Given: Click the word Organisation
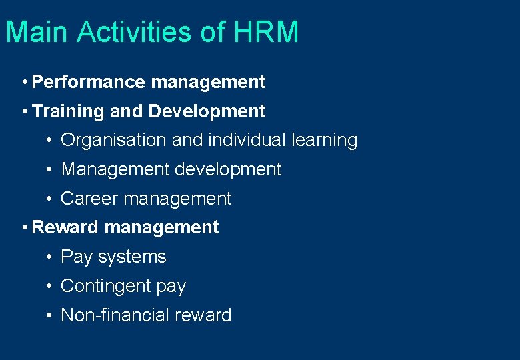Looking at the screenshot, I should coord(113,141).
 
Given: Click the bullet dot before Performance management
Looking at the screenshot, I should coord(24,83).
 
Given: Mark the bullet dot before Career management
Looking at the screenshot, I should coord(50,199).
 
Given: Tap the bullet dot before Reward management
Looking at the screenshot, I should coord(24,228).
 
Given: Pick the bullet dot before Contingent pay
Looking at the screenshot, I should coord(50,287).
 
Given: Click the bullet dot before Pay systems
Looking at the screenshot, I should coord(50,257).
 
